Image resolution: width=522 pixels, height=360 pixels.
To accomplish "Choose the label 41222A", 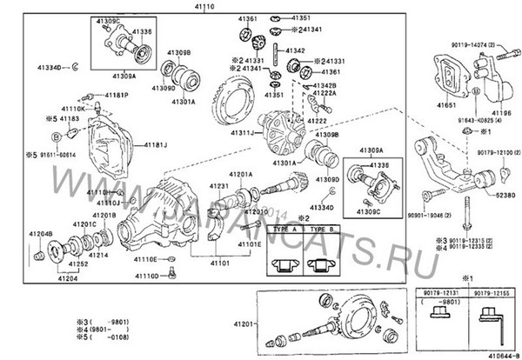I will [325, 93].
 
